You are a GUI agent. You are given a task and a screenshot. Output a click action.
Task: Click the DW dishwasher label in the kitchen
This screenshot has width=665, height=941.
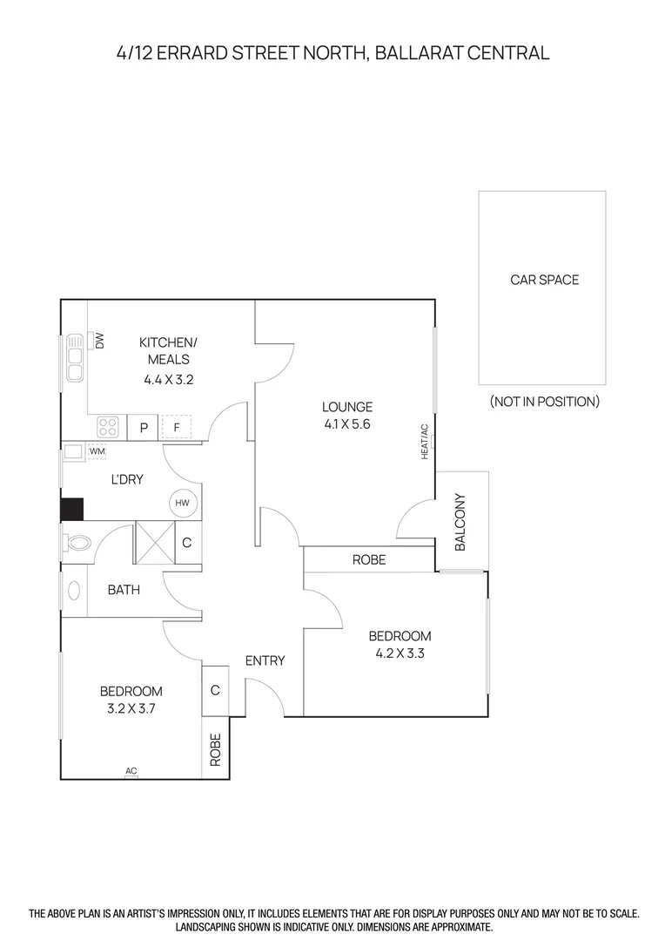coord(99,341)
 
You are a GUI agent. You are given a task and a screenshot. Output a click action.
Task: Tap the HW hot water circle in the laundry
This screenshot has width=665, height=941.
coord(182,503)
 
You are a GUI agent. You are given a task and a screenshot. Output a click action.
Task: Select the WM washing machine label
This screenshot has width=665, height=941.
coord(97,451)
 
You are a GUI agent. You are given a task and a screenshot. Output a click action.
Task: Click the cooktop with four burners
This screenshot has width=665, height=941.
coord(108,427)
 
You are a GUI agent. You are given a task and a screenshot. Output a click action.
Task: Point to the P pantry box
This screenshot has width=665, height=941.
coord(143,428)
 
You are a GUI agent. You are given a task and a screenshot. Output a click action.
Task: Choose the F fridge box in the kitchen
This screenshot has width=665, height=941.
coord(177,428)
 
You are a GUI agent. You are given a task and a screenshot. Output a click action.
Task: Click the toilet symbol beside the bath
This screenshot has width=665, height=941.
coord(78,543)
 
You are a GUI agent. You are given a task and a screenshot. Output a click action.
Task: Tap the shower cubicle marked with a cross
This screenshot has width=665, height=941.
coord(155,543)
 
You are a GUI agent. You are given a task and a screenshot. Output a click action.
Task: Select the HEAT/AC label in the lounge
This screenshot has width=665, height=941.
coord(425,442)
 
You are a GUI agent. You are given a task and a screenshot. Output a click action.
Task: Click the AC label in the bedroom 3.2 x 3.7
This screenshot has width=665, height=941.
coord(131,771)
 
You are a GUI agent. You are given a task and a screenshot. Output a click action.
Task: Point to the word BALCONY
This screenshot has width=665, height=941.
coord(460,523)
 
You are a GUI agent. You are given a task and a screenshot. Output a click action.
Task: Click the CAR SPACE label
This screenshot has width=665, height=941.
coord(544,280)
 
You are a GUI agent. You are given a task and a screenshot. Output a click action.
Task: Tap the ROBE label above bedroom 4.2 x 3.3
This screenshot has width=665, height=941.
coord(368,559)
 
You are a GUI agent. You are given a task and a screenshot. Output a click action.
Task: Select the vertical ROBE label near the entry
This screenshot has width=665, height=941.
coord(216,749)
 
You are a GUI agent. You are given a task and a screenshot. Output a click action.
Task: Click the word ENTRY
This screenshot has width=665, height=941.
coord(265,660)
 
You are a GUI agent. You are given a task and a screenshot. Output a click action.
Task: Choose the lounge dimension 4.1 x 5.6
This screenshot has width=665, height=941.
coord(346,425)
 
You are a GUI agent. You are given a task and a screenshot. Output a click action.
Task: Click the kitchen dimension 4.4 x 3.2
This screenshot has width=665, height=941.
coord(168,379)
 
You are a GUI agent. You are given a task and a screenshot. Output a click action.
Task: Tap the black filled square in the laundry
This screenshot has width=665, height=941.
coord(71,509)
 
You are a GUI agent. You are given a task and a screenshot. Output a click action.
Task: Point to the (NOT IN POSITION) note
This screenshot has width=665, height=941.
coord(544,402)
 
